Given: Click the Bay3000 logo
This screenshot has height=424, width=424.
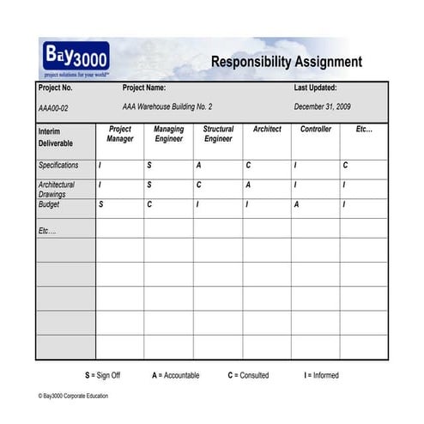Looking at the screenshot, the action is click(76, 58).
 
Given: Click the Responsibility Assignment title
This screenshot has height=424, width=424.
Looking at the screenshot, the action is click(286, 62).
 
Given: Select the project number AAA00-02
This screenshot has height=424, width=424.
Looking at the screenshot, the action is click(53, 107).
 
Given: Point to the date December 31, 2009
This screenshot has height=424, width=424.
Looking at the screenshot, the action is click(323, 106).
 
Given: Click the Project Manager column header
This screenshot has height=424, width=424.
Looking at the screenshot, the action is click(120, 134).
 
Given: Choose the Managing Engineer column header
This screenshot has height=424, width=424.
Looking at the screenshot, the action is click(169, 134).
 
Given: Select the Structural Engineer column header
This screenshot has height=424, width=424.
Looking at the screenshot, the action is click(218, 134).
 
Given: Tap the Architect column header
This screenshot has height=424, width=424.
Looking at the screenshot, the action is click(267, 130).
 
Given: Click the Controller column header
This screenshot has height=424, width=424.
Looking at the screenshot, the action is click(316, 130).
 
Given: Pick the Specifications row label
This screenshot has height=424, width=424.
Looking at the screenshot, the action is click(58, 165).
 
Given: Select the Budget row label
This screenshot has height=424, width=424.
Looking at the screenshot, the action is click(49, 205).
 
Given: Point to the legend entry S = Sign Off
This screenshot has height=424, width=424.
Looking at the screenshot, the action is click(103, 375).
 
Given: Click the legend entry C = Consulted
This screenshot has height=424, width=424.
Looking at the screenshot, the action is click(248, 375).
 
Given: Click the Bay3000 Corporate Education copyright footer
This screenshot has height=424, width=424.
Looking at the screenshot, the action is click(74, 396).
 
